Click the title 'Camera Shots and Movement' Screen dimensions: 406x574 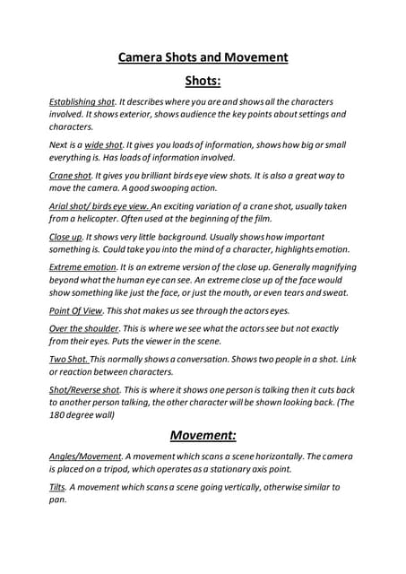tap(203, 57)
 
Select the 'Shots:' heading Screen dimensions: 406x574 tap(203, 82)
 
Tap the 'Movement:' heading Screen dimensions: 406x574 tap(203, 436)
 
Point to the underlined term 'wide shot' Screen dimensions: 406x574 tap(103, 144)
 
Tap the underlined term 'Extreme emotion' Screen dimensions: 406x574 tap(83, 267)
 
